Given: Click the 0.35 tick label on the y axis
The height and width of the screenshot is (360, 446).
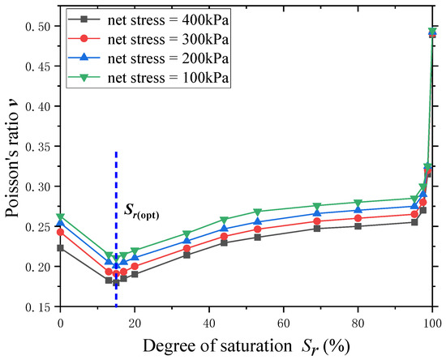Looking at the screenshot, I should tap(34, 147).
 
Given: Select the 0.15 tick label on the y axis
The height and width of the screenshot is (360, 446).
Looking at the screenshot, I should tap(34, 306).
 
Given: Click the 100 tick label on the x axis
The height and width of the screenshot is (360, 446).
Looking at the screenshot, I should tap(431, 323).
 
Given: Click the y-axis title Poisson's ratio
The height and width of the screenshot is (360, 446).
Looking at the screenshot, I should tap(11, 166).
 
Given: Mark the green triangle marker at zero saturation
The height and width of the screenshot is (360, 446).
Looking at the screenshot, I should tap(60, 217).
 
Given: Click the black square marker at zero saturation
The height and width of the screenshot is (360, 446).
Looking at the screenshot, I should tap(60, 248).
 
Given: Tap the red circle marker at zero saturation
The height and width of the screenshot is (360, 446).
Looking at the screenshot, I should tap(60, 232).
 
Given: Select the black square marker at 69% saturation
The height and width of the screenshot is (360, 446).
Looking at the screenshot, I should tap(316, 229).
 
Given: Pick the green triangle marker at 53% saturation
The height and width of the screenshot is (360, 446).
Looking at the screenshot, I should tap(257, 212).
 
